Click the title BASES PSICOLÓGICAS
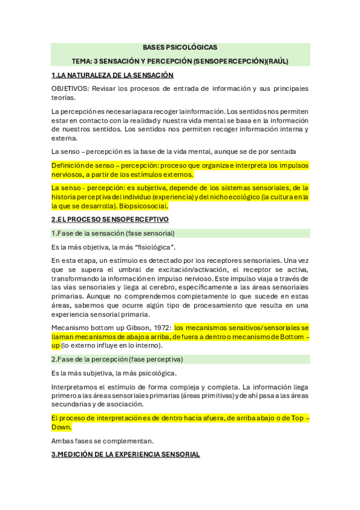point(180,47)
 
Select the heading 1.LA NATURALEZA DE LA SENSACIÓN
point(112,75)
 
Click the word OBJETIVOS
point(70,89)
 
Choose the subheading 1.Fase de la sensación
point(113,233)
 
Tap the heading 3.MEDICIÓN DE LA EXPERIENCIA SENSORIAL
point(126,455)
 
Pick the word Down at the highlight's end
point(61,427)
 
